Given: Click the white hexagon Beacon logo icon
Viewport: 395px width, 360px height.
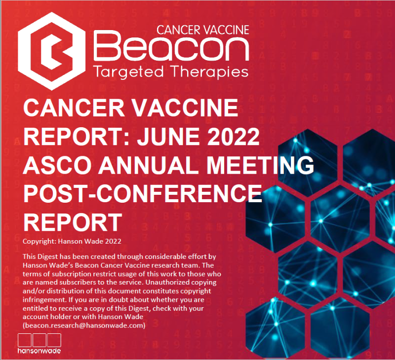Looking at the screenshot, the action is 52,51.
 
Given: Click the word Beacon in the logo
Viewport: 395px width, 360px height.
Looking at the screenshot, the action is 171,46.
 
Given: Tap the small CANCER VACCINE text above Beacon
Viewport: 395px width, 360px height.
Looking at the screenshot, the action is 203,30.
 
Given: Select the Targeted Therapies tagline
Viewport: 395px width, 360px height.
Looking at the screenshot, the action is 171,72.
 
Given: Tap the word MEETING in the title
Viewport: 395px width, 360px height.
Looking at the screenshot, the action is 260,165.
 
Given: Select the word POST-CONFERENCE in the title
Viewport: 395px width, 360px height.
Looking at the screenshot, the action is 143,193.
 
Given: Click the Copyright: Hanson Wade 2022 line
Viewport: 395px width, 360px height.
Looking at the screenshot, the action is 72,241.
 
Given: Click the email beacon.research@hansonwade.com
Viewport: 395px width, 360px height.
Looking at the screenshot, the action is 84,325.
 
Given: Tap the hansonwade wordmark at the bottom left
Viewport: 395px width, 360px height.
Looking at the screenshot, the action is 39,351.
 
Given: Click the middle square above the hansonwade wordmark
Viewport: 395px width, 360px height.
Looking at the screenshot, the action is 39,340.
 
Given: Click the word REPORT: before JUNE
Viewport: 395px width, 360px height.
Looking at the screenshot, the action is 77,136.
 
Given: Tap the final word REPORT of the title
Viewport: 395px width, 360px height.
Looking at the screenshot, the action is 73,222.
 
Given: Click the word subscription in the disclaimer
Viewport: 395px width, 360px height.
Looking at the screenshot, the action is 69,274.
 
